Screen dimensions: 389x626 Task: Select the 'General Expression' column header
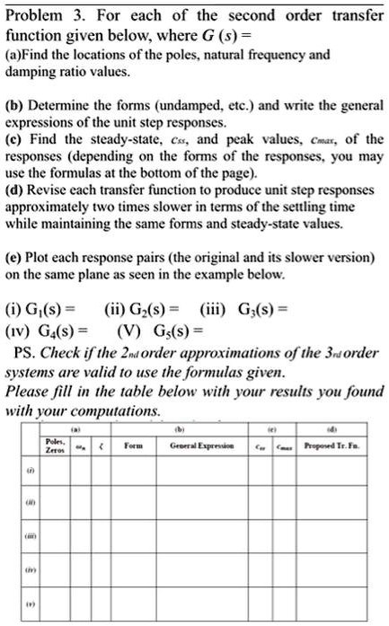[x=203, y=445]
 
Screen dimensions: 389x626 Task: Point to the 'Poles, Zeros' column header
[x=54, y=445]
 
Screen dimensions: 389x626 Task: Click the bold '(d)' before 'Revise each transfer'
[x=16, y=189]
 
